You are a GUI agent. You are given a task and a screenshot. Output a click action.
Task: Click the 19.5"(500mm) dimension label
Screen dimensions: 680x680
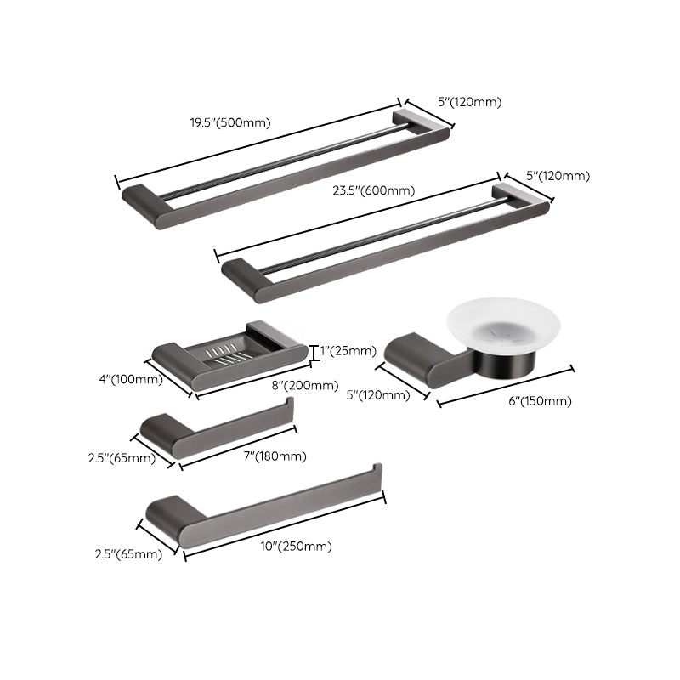[229, 122]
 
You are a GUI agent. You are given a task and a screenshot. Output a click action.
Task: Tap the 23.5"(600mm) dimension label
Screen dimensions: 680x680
[374, 190]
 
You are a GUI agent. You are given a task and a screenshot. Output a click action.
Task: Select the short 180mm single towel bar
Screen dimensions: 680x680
[217, 429]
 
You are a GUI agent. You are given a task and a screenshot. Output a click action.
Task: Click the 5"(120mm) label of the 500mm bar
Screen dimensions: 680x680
[469, 102]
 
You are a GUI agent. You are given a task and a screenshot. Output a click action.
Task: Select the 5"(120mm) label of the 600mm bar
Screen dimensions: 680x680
[558, 176]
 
